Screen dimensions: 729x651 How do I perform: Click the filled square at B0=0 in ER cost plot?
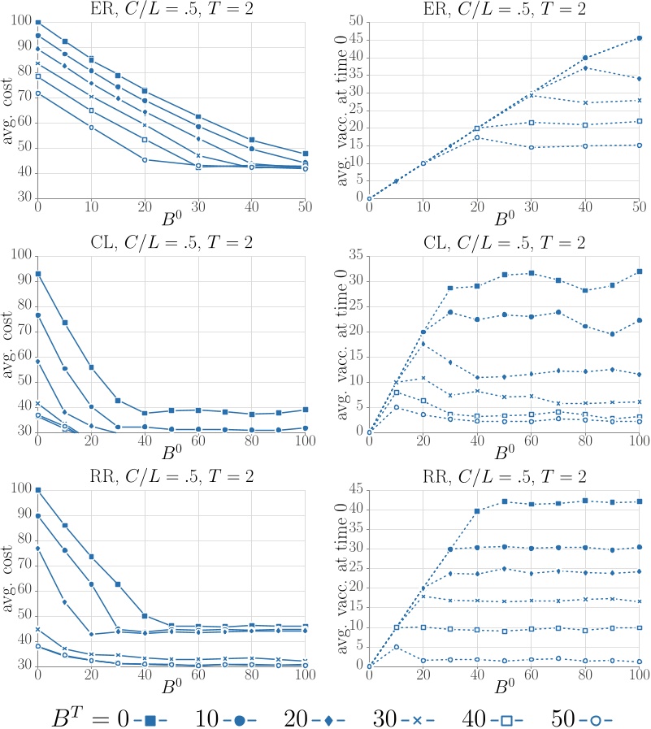coord(38,23)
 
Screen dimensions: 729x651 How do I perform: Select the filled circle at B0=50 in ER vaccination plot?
coord(640,37)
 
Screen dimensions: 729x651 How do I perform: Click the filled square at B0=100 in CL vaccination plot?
coord(640,271)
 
